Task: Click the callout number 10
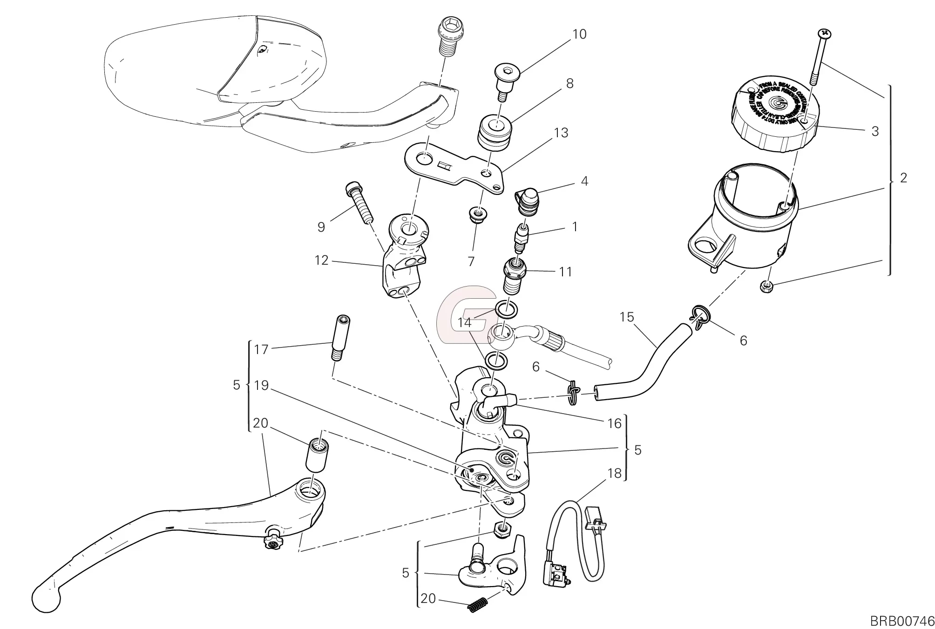pos(579,34)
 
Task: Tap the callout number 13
pos(561,133)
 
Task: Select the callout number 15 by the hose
pos(627,317)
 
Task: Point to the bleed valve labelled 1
pos(522,237)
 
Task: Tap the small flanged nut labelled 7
pos(475,216)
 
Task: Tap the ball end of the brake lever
pos(47,598)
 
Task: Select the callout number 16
pos(615,423)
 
